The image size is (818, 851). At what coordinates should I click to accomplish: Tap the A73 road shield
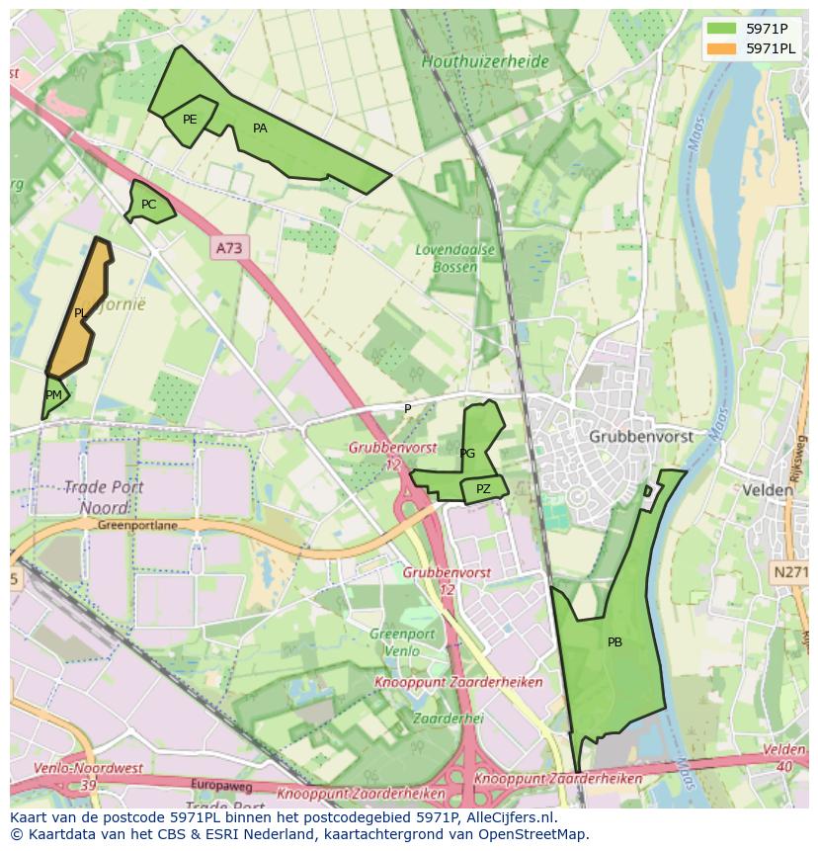coord(229,247)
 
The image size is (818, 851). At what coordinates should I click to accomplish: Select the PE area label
coord(190,120)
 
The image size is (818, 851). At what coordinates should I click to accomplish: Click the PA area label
coord(260,128)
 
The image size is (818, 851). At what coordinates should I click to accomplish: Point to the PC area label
coord(148,205)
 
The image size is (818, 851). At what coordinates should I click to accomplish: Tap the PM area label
coord(53,395)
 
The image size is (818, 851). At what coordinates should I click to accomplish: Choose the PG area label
coord(467,454)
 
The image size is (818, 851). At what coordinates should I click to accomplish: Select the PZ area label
coord(483,489)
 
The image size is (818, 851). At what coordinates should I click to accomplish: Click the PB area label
coord(614,642)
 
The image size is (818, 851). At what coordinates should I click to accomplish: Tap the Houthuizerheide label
coord(485,61)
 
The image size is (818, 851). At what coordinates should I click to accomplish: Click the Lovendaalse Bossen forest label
coord(455,258)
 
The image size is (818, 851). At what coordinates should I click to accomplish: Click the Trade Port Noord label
coord(104,497)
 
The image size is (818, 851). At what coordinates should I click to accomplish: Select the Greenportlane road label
coord(137,526)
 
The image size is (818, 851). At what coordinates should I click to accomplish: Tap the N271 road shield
coord(790,571)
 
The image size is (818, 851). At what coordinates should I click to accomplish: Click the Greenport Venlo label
coord(402,641)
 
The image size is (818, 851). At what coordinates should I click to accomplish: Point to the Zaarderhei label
coord(448,718)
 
